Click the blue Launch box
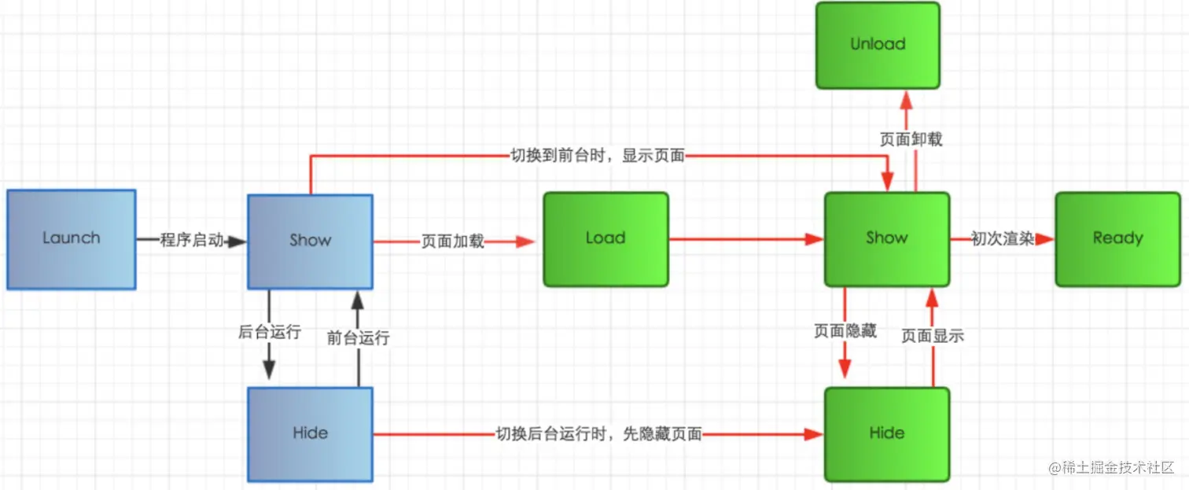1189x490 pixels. pyautogui.click(x=72, y=239)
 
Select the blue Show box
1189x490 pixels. pyautogui.click(x=311, y=241)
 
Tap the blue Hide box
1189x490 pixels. pyautogui.click(x=311, y=433)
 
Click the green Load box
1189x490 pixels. pyautogui.click(x=606, y=238)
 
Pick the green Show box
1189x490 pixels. pyautogui.click(x=886, y=238)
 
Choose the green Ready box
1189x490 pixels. pyautogui.click(x=1117, y=238)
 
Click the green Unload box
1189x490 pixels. pyautogui.click(x=878, y=45)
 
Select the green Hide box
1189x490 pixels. pyautogui.click(x=886, y=433)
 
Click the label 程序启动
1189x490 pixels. pyautogui.click(x=191, y=241)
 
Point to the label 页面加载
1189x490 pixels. pyautogui.click(x=452, y=241)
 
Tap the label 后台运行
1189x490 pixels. pyautogui.click(x=270, y=332)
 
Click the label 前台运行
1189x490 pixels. pyautogui.click(x=359, y=338)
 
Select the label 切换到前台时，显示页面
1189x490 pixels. pyautogui.click(x=598, y=156)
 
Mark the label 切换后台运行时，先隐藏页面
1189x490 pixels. pyautogui.click(x=598, y=433)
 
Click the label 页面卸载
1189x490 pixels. pyautogui.click(x=911, y=139)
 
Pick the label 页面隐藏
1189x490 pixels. pyautogui.click(x=845, y=331)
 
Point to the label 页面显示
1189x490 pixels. pyautogui.click(x=933, y=336)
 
